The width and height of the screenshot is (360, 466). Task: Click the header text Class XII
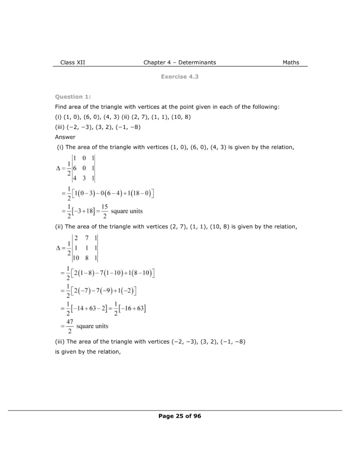point(72,62)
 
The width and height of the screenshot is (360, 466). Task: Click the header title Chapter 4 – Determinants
point(180,62)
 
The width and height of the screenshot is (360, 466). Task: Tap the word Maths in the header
point(291,62)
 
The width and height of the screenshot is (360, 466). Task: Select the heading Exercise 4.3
point(180,77)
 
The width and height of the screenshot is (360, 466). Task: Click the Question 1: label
point(73,96)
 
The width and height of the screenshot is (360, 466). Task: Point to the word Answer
point(65,137)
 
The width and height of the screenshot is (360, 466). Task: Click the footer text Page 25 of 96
point(180,416)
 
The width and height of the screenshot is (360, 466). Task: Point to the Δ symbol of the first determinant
point(58,168)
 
